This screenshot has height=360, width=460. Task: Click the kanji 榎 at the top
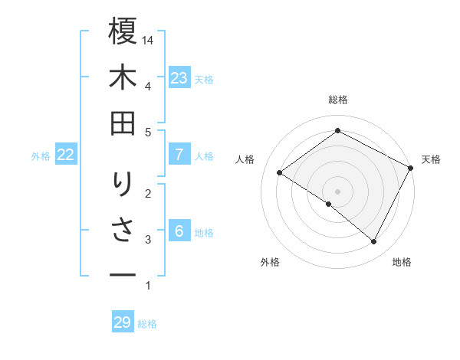pyautogui.click(x=123, y=33)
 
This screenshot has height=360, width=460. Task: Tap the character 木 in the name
pyautogui.click(x=123, y=80)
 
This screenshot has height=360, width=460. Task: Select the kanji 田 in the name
pyautogui.click(x=123, y=125)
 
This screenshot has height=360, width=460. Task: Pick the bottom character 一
pyautogui.click(x=123, y=273)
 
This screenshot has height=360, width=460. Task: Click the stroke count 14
pyautogui.click(x=148, y=39)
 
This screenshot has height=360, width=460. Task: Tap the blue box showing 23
pyautogui.click(x=179, y=78)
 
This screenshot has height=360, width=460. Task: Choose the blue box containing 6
pyautogui.click(x=179, y=231)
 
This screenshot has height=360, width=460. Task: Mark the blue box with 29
pyautogui.click(x=123, y=322)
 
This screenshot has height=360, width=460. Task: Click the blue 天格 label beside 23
pyautogui.click(x=204, y=79)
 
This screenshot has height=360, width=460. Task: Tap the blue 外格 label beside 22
pyautogui.click(x=41, y=156)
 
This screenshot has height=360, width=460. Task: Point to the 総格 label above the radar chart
pyautogui.click(x=337, y=100)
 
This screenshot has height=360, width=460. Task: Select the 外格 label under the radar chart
pyautogui.click(x=269, y=262)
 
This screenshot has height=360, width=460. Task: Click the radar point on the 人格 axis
pyautogui.click(x=280, y=172)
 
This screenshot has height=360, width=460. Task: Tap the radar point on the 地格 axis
pyautogui.click(x=374, y=242)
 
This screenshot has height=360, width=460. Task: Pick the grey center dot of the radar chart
pyautogui.click(x=337, y=191)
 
